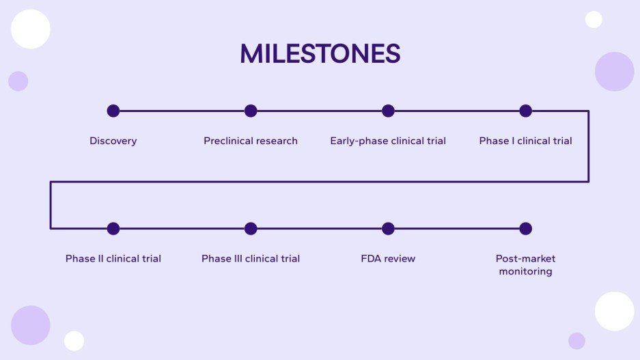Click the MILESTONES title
click(320, 54)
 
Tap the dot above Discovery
click(113, 111)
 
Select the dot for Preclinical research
click(251, 111)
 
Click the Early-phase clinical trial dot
click(388, 111)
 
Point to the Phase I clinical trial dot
click(525, 111)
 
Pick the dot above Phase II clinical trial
click(113, 229)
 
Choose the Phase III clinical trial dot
click(251, 229)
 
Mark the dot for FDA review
click(388, 229)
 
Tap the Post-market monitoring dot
click(525, 229)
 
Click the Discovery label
click(113, 141)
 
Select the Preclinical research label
click(251, 141)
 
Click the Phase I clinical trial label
click(525, 141)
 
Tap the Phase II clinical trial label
click(113, 259)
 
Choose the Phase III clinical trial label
click(251, 259)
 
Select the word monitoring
click(525, 272)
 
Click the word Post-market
click(525, 259)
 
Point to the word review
click(400, 259)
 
